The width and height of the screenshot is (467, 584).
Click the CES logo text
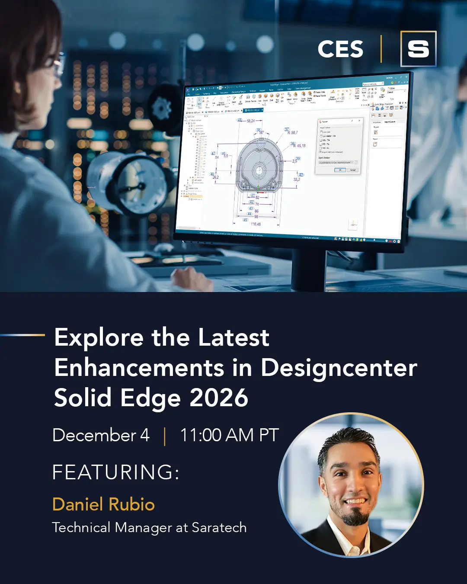[340, 49]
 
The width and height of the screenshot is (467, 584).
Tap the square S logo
[418, 49]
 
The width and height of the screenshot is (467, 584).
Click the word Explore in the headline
[99, 338]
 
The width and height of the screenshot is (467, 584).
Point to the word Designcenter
[339, 368]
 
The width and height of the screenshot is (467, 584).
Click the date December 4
[101, 435]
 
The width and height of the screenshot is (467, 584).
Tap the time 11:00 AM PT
[229, 435]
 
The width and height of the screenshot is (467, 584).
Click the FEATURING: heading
[115, 472]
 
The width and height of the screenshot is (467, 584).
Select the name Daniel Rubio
[103, 504]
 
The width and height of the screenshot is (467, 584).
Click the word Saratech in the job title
[219, 528]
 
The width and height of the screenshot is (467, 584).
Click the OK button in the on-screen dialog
[340, 170]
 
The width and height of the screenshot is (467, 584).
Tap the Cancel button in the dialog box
[353, 170]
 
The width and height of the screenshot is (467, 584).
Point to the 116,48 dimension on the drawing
[256, 224]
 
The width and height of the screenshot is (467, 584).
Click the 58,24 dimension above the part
[251, 121]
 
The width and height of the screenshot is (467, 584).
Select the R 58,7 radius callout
[293, 133]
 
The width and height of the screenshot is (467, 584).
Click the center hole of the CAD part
[259, 168]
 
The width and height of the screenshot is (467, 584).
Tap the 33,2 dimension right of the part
[297, 180]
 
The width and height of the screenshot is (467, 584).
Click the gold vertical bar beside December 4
[165, 436]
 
